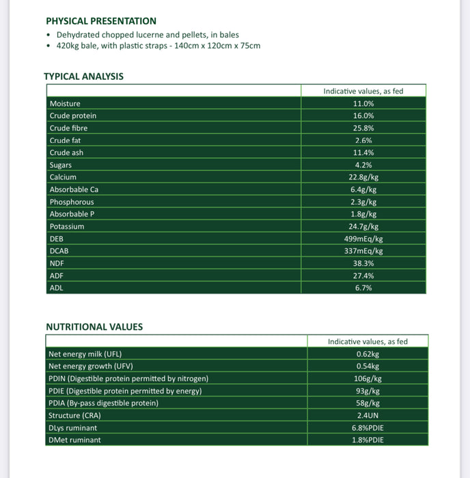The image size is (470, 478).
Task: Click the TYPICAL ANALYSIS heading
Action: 84,76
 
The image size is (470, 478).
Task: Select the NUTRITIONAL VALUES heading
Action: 94,327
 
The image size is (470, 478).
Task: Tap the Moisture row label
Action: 65,104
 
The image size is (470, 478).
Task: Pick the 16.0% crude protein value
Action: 363,116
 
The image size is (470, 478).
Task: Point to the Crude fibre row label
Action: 68,128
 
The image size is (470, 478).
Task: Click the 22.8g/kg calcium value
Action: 363,178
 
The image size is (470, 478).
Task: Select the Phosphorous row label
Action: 72,202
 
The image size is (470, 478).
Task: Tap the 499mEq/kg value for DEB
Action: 363,239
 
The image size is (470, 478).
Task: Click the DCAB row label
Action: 59,251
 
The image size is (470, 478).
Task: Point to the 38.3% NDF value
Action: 363,264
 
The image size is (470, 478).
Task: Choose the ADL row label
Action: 57,288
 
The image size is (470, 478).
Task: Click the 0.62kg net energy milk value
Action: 368,354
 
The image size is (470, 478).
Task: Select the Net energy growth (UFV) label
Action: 90,367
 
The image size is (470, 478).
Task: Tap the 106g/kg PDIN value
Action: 368,379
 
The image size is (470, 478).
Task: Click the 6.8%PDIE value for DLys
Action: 368,428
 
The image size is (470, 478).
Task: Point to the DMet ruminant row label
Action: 74,440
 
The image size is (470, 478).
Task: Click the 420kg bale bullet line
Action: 158,46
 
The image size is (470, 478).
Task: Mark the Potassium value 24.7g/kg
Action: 363,227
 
